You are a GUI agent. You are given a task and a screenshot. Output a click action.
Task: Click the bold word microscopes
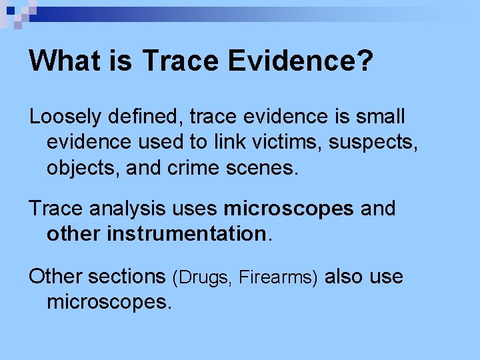pyautogui.click(x=289, y=209)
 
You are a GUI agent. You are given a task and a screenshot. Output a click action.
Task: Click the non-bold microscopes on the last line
pyautogui.click(x=109, y=302)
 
